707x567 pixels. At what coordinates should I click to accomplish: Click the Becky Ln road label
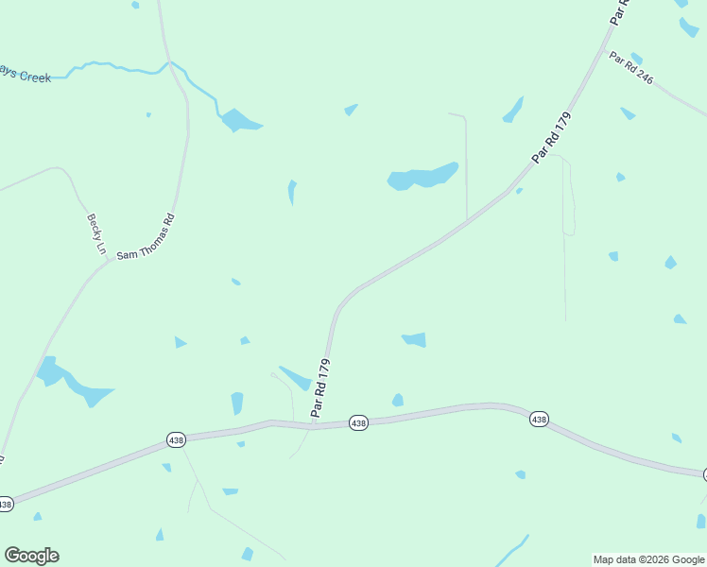[x=96, y=233]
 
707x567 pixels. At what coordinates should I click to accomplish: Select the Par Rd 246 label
[x=631, y=68]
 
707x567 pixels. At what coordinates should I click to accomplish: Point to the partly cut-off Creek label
[x=26, y=77]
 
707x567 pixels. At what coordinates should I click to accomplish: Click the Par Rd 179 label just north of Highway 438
[x=321, y=387]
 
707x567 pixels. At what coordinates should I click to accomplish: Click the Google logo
[x=31, y=556]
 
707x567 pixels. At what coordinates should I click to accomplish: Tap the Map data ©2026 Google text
[x=648, y=559]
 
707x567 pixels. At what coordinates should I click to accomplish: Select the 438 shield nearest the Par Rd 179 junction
[x=358, y=423]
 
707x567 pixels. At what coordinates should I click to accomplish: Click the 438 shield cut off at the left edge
[x=5, y=504]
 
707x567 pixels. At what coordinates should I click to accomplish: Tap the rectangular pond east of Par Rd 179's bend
[x=414, y=339]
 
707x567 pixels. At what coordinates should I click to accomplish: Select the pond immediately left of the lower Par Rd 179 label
[x=296, y=377]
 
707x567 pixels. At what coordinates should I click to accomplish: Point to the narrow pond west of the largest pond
[x=292, y=192]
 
